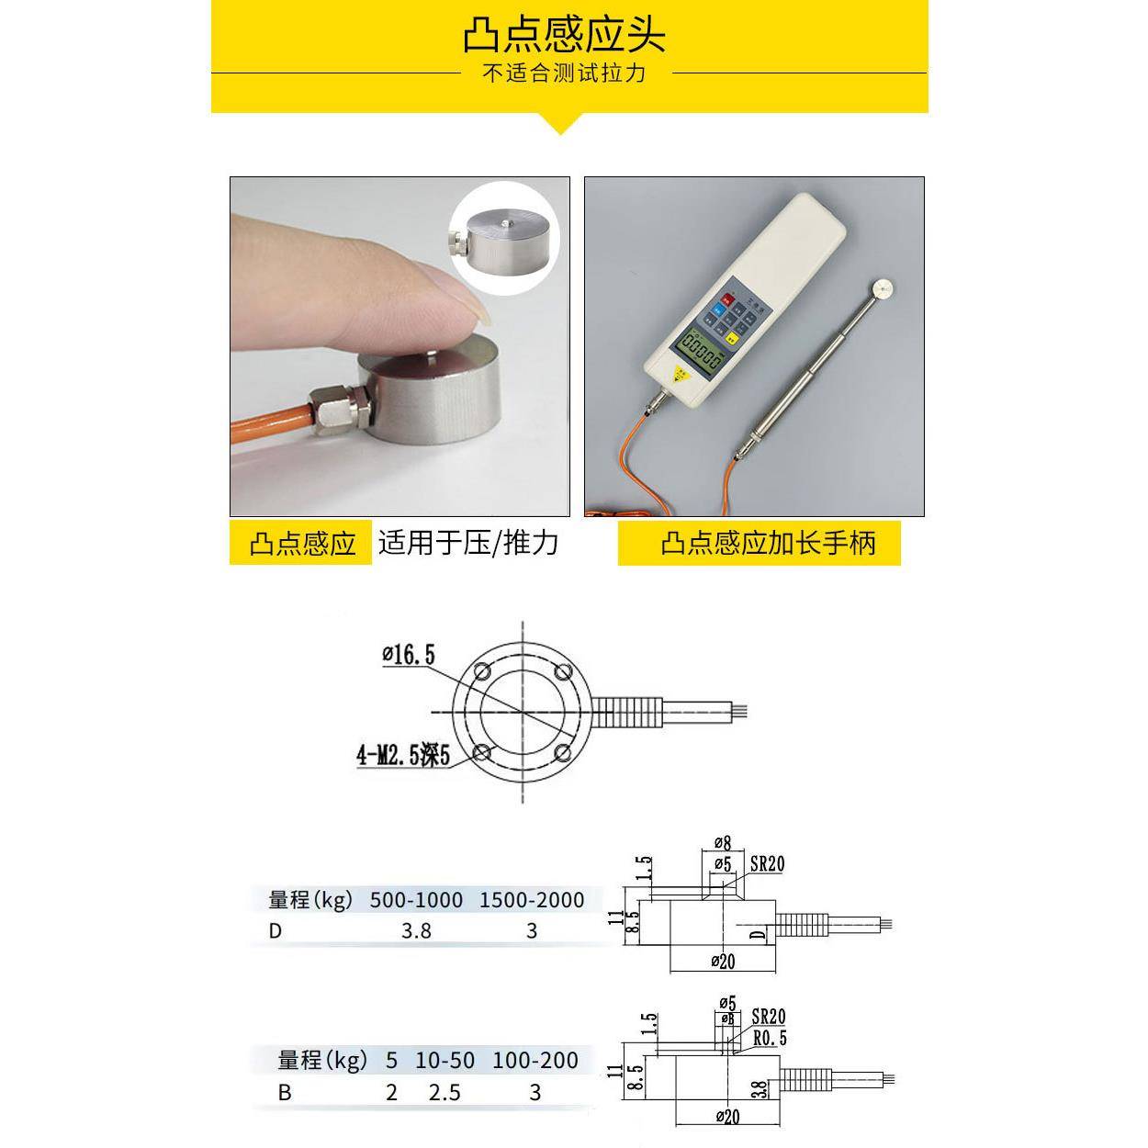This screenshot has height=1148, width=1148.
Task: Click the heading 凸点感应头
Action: pyautogui.click(x=564, y=35)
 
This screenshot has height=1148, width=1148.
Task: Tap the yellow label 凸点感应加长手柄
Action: pyautogui.click(x=768, y=544)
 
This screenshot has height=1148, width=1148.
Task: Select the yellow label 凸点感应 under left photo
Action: pyautogui.click(x=302, y=544)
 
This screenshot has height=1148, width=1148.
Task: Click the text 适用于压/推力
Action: pyautogui.click(x=468, y=543)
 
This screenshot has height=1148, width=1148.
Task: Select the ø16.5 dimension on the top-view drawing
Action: pyautogui.click(x=409, y=654)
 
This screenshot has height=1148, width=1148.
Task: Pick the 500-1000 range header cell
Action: pyautogui.click(x=416, y=900)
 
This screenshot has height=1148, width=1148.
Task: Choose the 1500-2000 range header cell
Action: pyautogui.click(x=532, y=900)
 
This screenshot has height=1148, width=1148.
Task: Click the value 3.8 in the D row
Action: pyautogui.click(x=416, y=930)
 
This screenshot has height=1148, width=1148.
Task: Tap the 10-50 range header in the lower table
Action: pyautogui.click(x=445, y=1061)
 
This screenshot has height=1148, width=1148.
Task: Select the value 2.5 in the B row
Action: pyautogui.click(x=445, y=1093)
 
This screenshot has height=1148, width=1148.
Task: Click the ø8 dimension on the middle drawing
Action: pyautogui.click(x=722, y=842)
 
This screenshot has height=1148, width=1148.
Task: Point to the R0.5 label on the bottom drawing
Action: pyautogui.click(x=769, y=1039)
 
